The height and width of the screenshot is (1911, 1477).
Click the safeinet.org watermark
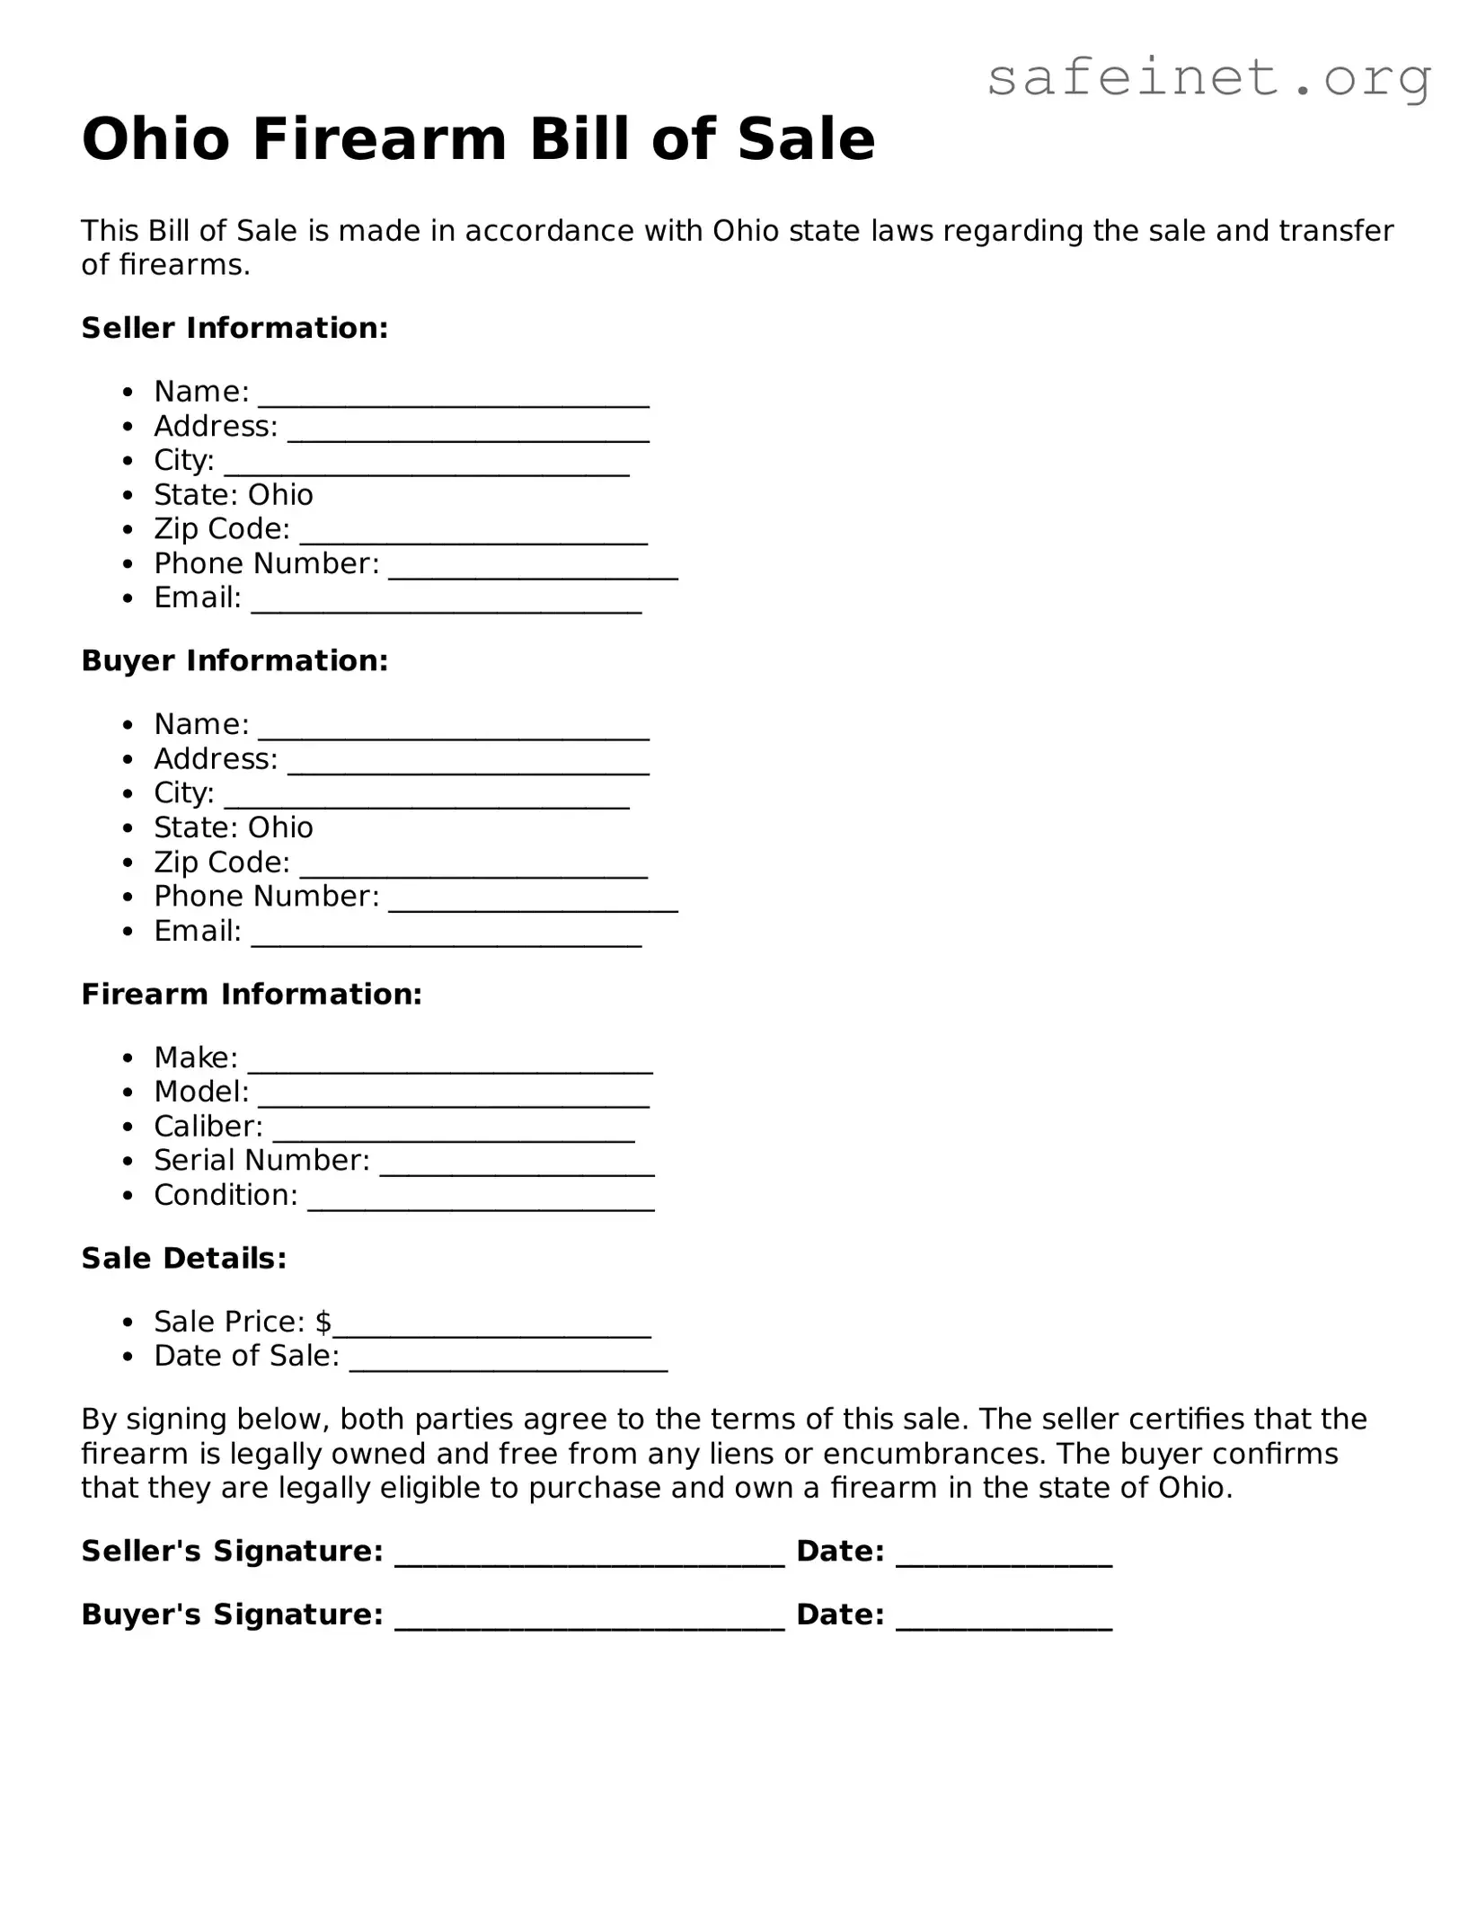click(1208, 79)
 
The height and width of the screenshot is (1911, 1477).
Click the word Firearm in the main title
click(379, 140)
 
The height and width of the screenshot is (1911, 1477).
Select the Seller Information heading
click(234, 328)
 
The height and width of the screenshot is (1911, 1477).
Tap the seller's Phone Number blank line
click(533, 571)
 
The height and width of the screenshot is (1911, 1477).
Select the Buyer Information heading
click(234, 660)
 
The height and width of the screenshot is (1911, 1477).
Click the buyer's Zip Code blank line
click(473, 870)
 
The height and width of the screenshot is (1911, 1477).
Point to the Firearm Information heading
click(252, 994)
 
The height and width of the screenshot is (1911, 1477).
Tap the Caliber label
click(208, 1126)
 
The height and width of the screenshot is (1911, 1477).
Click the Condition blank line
click(481, 1203)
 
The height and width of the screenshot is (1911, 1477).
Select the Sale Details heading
click(184, 1258)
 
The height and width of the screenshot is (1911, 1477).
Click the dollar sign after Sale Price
click(323, 1322)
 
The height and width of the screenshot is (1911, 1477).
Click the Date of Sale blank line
click(509, 1363)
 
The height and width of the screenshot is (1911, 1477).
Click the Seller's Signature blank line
click(589, 1559)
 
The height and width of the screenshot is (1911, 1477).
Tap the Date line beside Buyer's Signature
click(1004, 1623)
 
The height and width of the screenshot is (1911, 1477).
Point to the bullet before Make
click(130, 1058)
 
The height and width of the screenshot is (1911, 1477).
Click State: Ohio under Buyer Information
click(234, 827)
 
